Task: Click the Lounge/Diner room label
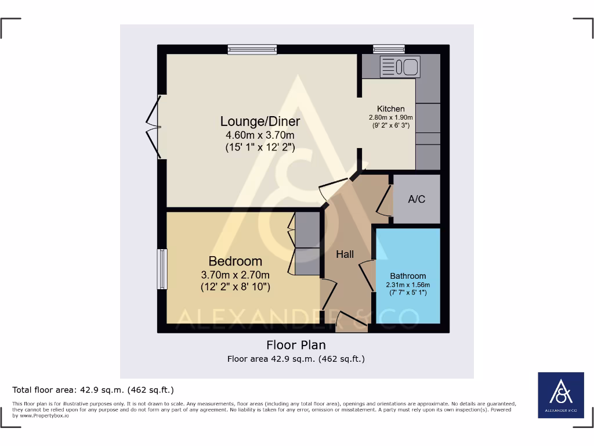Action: pyautogui.click(x=260, y=121)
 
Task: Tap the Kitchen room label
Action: pyautogui.click(x=390, y=109)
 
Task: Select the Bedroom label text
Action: pyautogui.click(x=235, y=261)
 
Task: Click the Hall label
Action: pyautogui.click(x=345, y=254)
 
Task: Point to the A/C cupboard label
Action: pyautogui.click(x=416, y=199)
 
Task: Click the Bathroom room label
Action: pyautogui.click(x=408, y=276)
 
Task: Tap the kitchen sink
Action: pyautogui.click(x=400, y=67)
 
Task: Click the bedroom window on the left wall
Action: pyautogui.click(x=162, y=269)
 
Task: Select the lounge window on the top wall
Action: pyautogui.click(x=252, y=50)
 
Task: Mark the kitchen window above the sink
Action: pyautogui.click(x=389, y=49)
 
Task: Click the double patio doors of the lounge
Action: pyautogui.click(x=153, y=127)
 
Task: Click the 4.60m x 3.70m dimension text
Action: pyautogui.click(x=260, y=135)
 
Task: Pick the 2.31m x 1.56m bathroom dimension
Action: pyautogui.click(x=408, y=285)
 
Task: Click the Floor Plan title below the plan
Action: pyautogui.click(x=296, y=345)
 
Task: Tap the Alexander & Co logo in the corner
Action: pyautogui.click(x=560, y=394)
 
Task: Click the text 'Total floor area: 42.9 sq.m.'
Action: pyautogui.click(x=93, y=390)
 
